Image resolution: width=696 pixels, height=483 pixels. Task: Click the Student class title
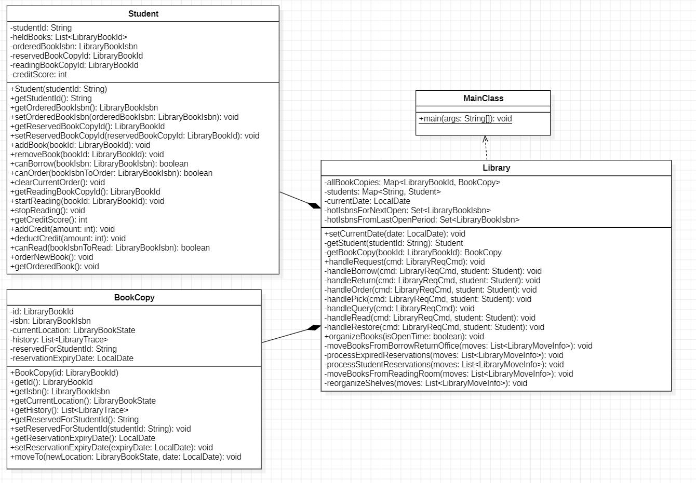[143, 14]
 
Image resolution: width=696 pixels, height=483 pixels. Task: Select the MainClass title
[483, 99]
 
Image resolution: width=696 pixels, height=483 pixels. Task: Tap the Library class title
[496, 168]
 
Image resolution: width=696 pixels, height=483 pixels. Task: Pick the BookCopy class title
[134, 298]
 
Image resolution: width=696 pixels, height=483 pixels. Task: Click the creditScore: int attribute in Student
[39, 75]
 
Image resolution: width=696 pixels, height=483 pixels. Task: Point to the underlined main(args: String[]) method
[465, 119]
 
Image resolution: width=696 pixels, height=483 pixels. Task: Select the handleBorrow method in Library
[433, 271]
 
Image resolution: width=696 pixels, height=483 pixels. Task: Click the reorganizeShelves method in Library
[425, 383]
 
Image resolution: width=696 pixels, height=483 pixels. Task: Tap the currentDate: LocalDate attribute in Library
[367, 201]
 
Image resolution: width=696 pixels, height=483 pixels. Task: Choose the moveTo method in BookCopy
[126, 457]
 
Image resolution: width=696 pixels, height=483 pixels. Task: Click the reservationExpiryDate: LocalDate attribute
[72, 358]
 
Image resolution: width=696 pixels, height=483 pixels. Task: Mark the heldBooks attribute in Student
[69, 37]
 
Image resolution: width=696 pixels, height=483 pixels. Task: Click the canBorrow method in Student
[99, 164]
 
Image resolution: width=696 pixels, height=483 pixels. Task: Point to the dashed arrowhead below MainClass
[486, 139]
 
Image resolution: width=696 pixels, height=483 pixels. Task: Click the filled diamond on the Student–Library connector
[314, 205]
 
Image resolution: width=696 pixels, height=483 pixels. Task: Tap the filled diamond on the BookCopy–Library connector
[314, 327]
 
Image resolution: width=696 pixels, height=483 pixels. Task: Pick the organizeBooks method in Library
[404, 337]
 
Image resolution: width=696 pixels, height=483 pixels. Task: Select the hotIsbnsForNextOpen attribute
[407, 211]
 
